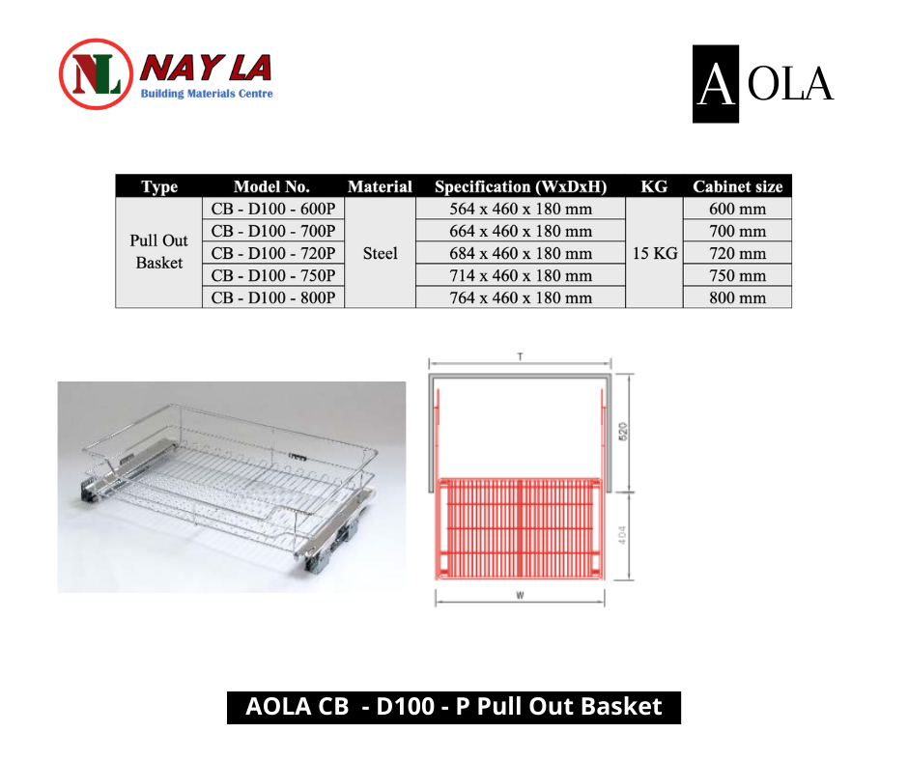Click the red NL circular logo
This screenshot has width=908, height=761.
pos(96,74)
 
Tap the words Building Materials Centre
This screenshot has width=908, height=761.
pos(207,94)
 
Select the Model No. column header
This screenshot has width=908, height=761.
pos(271,186)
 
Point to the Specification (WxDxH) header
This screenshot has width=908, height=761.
pos(521,186)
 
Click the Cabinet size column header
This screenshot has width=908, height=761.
pos(737,186)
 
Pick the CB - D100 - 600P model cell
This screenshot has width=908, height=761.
pos(273,209)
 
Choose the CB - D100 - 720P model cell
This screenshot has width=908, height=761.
pos(273,253)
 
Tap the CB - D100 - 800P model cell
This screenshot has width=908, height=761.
pos(273,297)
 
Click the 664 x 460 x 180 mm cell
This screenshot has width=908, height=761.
pos(521,231)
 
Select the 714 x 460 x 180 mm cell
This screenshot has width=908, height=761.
pos(521,275)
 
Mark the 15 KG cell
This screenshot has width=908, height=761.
pos(654,253)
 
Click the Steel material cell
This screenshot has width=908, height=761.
pos(380,253)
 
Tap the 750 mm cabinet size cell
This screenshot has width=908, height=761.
pos(737,275)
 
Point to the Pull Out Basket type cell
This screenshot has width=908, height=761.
pos(158,252)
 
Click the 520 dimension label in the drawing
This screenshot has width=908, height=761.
pos(623,432)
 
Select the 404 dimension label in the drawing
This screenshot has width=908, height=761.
pos(622,535)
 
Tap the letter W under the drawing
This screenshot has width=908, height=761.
pos(520,595)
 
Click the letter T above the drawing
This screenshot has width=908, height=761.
pos(520,356)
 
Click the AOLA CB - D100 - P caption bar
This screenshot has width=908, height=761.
pos(453,707)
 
